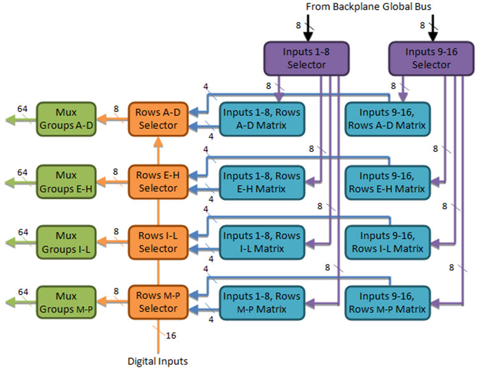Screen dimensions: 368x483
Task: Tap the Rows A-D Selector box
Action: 157,119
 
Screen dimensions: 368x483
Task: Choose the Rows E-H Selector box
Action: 157,181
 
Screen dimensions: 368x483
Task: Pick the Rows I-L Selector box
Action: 157,241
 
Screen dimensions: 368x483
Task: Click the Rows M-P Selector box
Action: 157,302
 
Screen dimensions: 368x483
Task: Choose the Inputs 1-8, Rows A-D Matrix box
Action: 262,119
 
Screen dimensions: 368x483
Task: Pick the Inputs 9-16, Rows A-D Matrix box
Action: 385,119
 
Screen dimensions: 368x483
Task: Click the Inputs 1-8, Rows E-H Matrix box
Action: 262,181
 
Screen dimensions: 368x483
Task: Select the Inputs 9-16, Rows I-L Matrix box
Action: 385,241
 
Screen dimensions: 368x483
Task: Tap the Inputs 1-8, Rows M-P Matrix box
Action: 262,302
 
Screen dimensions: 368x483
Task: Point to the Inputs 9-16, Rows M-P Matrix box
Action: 385,302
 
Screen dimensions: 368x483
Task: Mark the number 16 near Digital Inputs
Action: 171,335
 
